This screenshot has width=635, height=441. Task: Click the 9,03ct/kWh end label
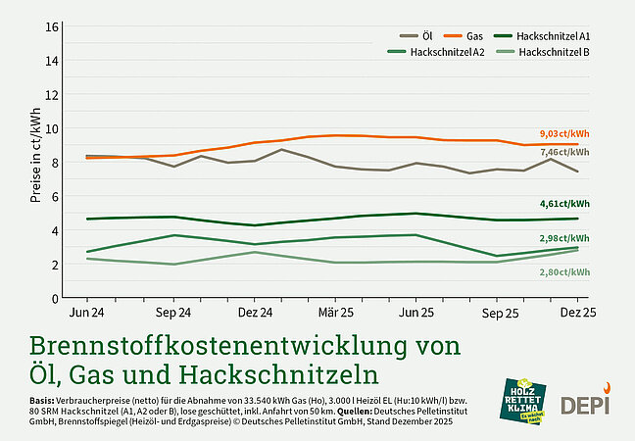563,133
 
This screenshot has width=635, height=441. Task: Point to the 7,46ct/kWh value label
563,152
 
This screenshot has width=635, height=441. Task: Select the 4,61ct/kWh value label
563,204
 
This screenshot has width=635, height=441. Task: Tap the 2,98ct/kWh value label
563,238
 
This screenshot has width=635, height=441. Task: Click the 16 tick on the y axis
53,26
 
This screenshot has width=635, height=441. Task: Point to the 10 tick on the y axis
53,128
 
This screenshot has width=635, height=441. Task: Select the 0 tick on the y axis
56,298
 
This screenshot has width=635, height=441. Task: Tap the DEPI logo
584,402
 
